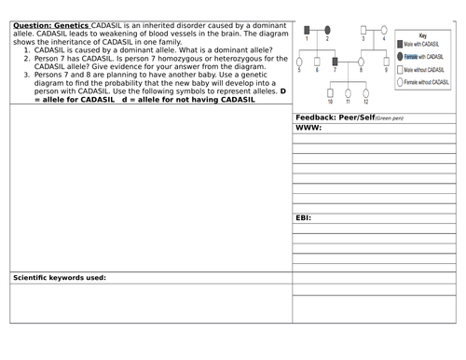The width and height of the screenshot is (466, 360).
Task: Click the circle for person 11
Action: [x=348, y=93]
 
